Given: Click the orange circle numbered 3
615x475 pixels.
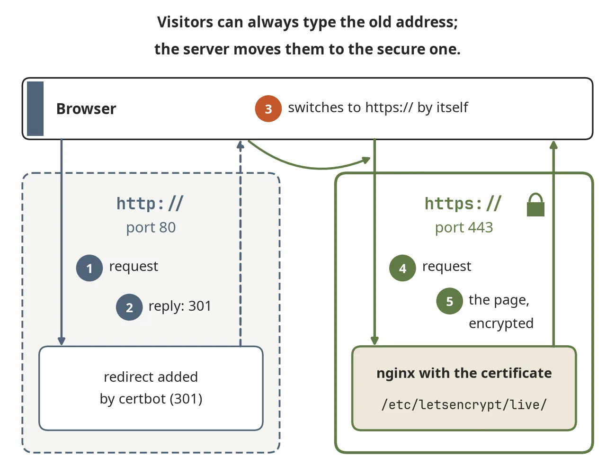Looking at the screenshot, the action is click(x=268, y=109).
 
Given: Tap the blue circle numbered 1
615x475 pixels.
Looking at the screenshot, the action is click(x=89, y=268).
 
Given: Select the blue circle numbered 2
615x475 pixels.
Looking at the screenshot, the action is click(x=129, y=307).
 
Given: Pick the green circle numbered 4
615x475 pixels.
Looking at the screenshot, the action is click(x=402, y=268).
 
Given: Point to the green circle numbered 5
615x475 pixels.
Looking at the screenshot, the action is click(x=449, y=301).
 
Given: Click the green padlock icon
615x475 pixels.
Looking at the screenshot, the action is click(x=535, y=205).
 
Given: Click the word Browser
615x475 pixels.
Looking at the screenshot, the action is click(x=86, y=109).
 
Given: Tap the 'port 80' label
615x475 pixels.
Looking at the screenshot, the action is click(x=151, y=228).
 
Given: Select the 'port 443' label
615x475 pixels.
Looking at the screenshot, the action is click(x=464, y=228).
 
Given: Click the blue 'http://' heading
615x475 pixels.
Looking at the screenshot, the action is click(x=150, y=203).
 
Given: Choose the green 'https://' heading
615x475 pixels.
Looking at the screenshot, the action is click(x=463, y=203).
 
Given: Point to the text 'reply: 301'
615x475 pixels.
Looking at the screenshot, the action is click(x=180, y=306).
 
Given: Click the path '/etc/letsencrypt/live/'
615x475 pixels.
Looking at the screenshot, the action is click(x=464, y=404).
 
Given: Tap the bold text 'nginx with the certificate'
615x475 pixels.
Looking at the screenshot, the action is click(x=464, y=373).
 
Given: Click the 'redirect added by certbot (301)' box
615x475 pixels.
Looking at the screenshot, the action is click(x=151, y=388).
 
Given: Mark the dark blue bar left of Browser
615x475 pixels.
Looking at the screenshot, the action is click(x=36, y=109).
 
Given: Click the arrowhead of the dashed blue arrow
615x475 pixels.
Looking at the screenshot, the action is click(x=241, y=145).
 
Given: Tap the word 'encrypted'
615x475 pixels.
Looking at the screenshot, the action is click(x=501, y=323).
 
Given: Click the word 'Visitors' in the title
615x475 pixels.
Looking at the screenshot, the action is click(x=185, y=22).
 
